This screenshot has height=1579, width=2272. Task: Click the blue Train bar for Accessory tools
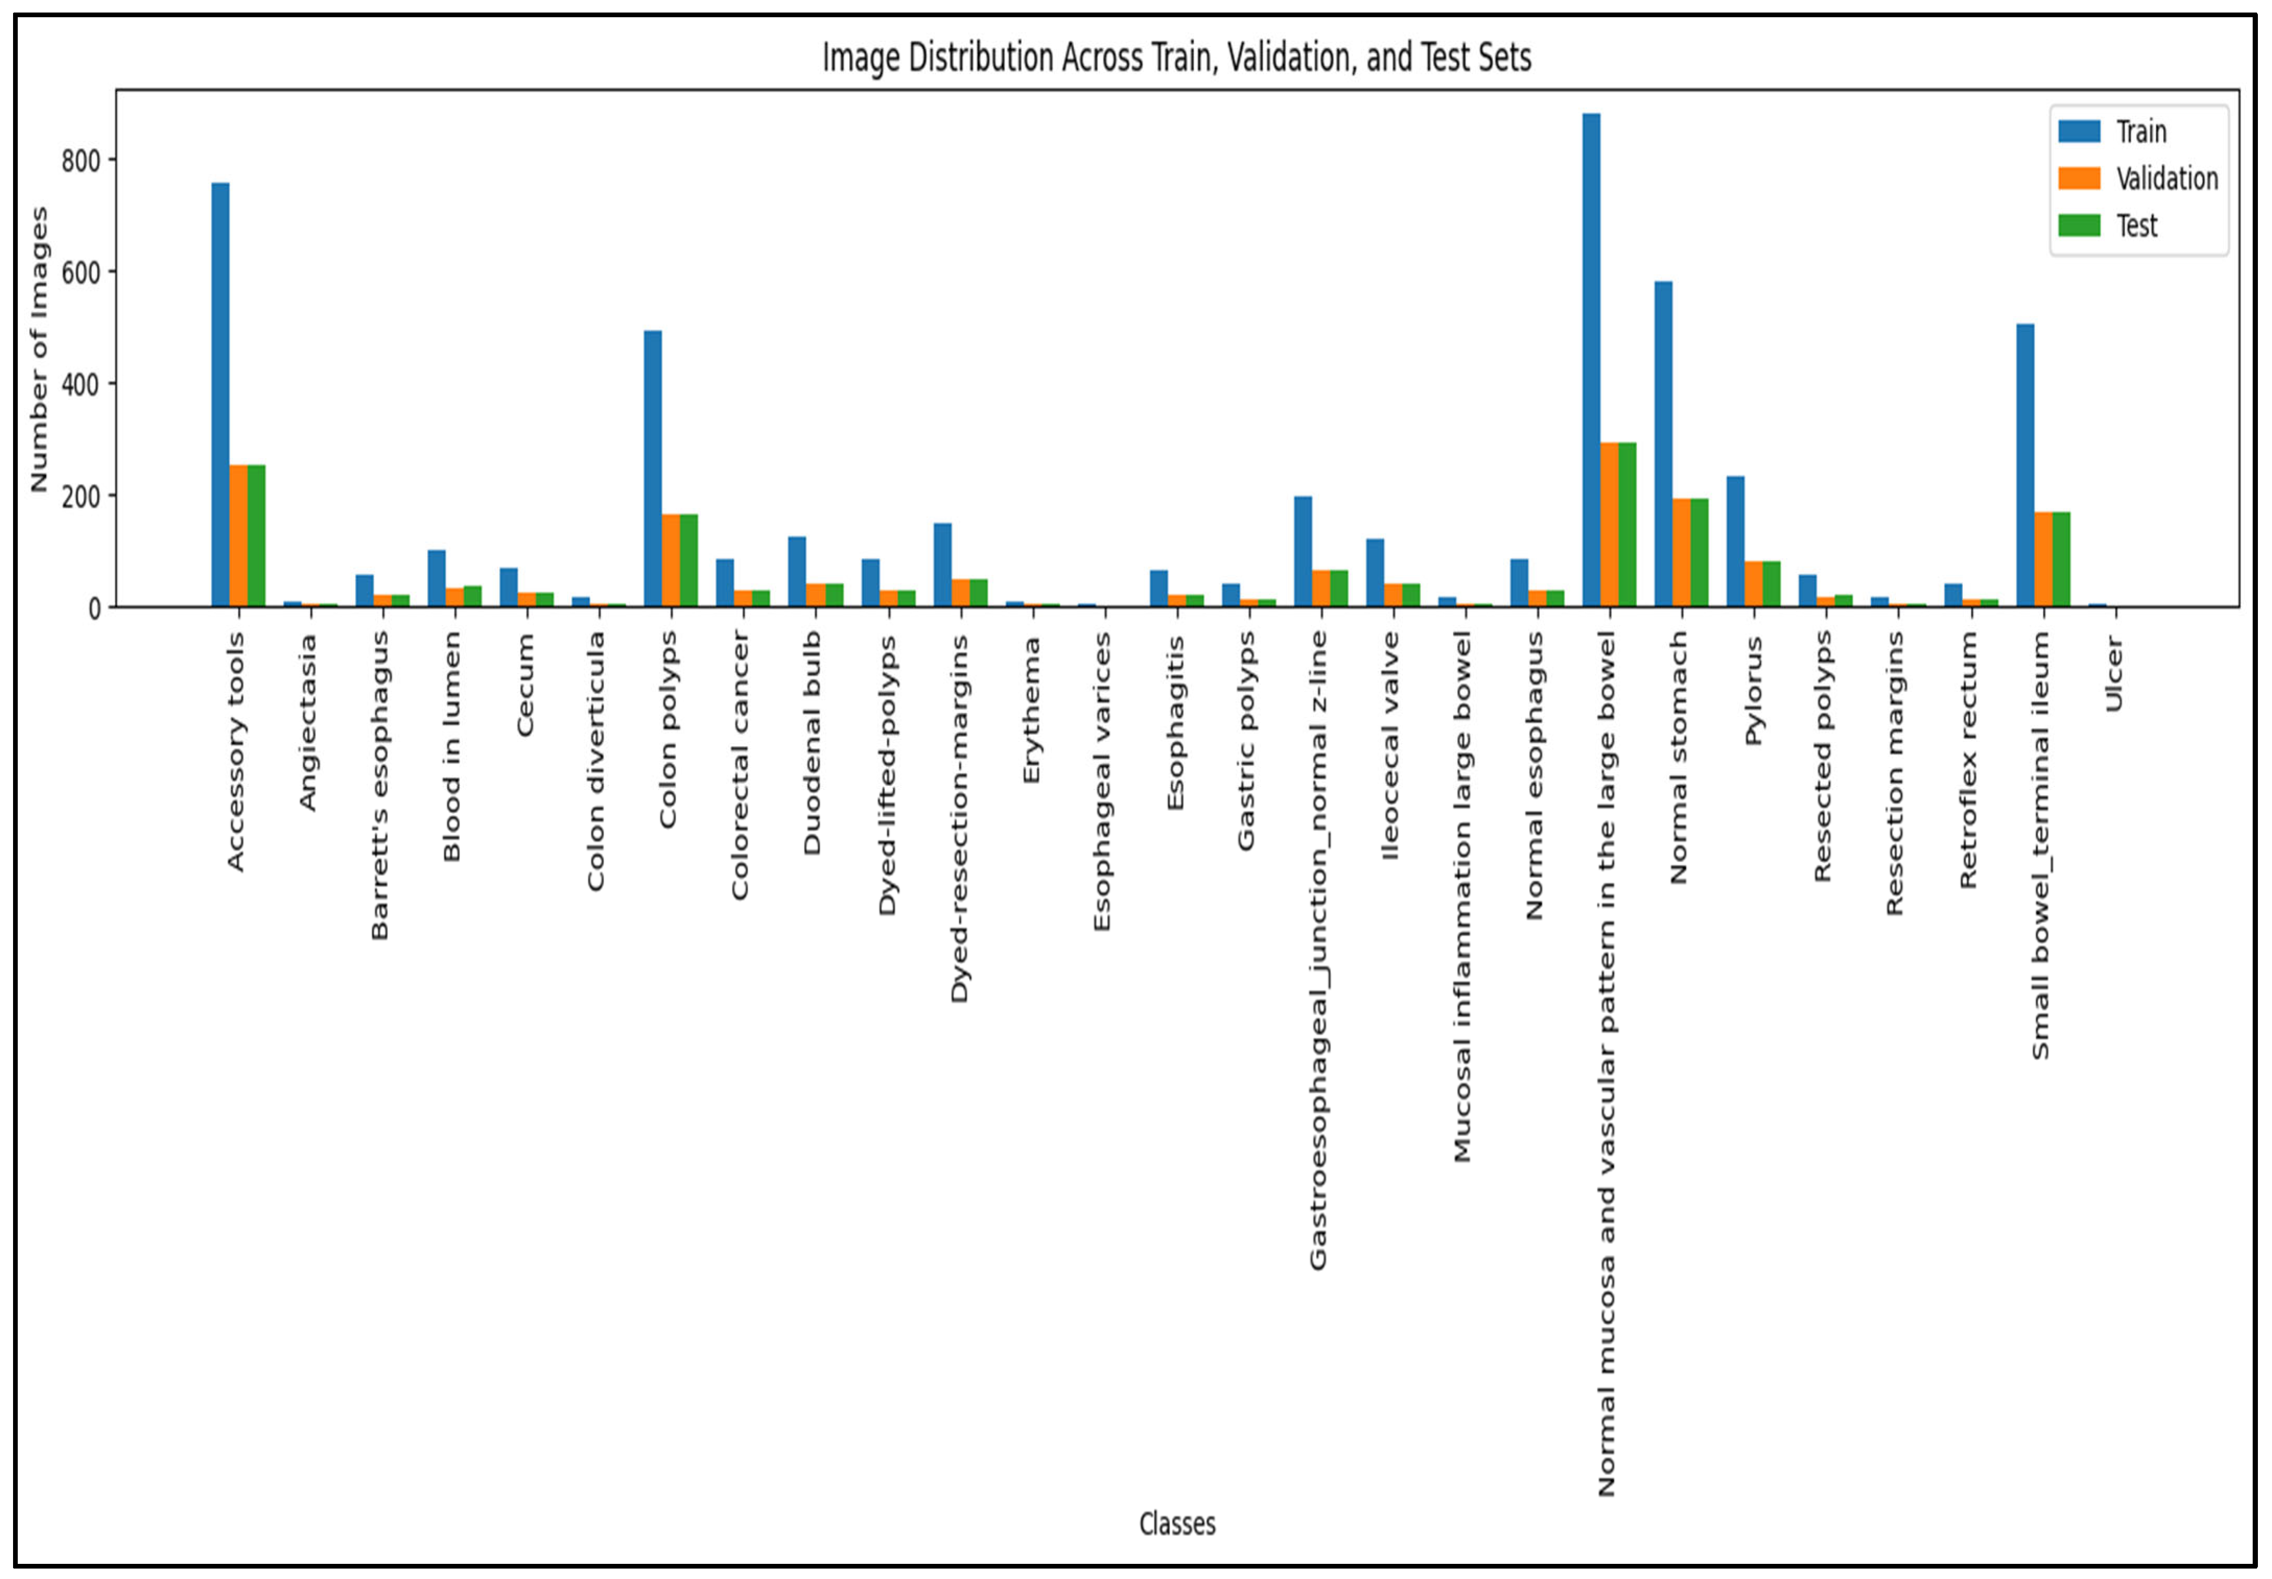[220, 395]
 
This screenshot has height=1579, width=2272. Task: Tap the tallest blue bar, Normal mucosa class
[1592, 360]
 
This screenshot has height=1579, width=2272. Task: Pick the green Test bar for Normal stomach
[1699, 552]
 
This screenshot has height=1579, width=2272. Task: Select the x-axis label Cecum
[525, 685]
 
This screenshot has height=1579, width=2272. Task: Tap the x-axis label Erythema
[1032, 710]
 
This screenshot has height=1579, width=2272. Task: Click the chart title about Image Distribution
[1177, 57]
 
